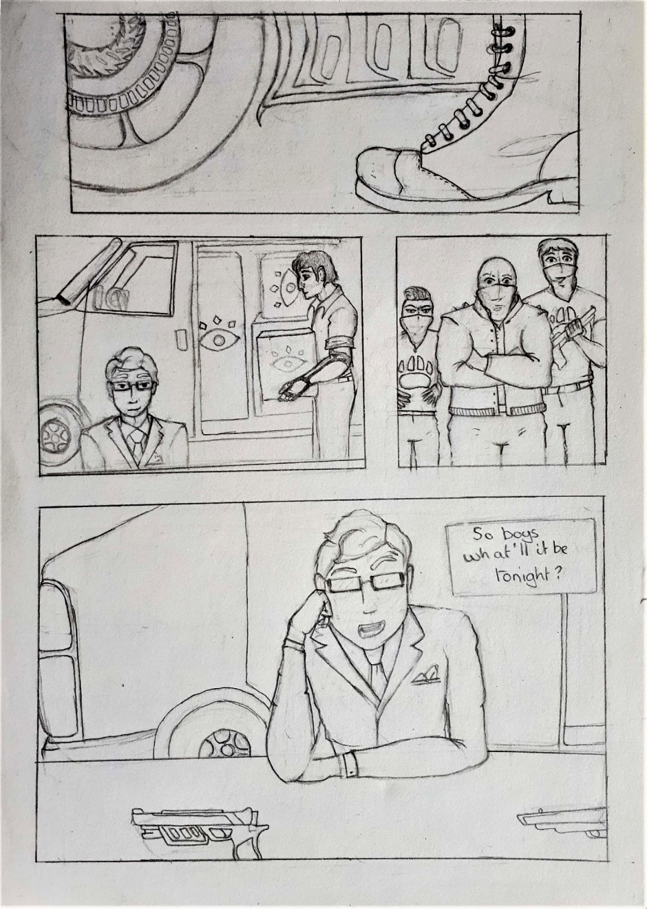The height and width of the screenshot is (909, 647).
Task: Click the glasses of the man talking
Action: tap(367, 583)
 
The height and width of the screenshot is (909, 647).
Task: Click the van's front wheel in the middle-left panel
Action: tap(57, 434)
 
